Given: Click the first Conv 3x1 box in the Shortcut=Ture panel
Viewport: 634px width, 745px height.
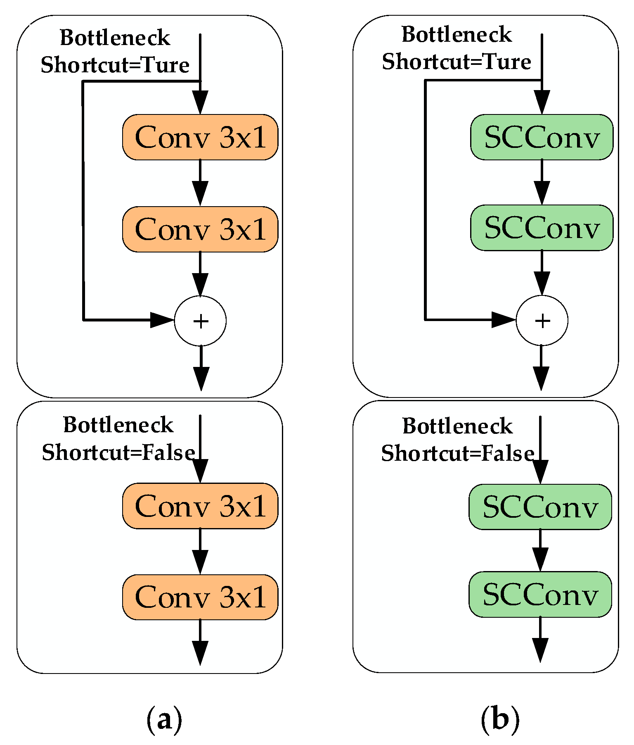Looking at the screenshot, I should tap(200, 137).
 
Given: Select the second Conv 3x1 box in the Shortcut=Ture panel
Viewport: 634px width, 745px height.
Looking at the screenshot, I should tap(200, 229).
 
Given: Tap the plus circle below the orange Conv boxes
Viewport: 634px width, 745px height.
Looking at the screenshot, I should tap(200, 321).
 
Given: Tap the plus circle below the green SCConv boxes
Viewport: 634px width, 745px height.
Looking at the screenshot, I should tap(542, 321).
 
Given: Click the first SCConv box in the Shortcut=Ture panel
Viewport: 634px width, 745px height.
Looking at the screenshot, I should tap(542, 137).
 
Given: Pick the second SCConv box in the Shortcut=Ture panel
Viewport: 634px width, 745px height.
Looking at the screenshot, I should tap(542, 228).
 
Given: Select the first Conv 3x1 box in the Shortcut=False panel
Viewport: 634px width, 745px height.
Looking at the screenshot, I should tap(200, 506).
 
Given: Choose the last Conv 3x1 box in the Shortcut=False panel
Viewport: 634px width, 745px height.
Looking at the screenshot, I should tap(200, 597).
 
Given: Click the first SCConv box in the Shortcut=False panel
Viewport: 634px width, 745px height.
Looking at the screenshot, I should tap(540, 507).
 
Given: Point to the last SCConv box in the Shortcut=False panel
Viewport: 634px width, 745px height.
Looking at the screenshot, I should tap(540, 595).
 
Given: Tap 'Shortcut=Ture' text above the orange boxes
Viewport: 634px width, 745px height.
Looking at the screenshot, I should tap(115, 65).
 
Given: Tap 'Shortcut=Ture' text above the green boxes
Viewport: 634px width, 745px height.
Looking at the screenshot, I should tap(456, 62).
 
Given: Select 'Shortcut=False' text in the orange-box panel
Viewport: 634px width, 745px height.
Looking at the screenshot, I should tap(118, 452).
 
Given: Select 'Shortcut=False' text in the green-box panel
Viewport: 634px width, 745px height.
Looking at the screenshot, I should tap(457, 453).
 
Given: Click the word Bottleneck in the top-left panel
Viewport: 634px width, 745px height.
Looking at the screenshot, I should tap(115, 38).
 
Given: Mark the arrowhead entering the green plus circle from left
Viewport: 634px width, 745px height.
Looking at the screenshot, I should tap(503, 319).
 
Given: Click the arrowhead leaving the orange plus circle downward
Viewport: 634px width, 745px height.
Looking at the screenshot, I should tap(201, 378).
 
